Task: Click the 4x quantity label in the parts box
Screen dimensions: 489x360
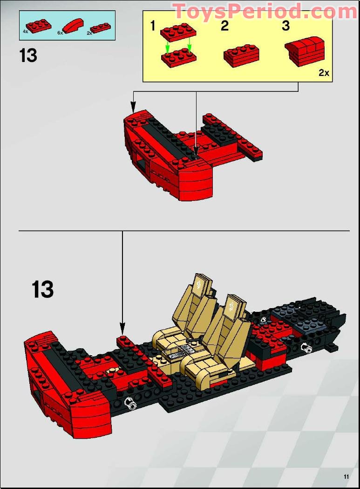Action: point(25,32)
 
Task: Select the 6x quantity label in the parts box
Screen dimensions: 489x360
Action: point(60,33)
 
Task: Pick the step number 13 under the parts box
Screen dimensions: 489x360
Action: point(28,55)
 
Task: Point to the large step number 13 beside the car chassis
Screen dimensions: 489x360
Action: point(42,289)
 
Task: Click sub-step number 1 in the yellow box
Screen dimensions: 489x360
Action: point(152,26)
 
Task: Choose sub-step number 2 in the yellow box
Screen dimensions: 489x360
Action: point(225,26)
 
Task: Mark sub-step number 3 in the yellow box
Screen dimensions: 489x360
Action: point(285,26)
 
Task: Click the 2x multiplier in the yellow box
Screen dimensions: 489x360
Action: point(324,73)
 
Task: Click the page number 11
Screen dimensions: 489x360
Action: point(346,476)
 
